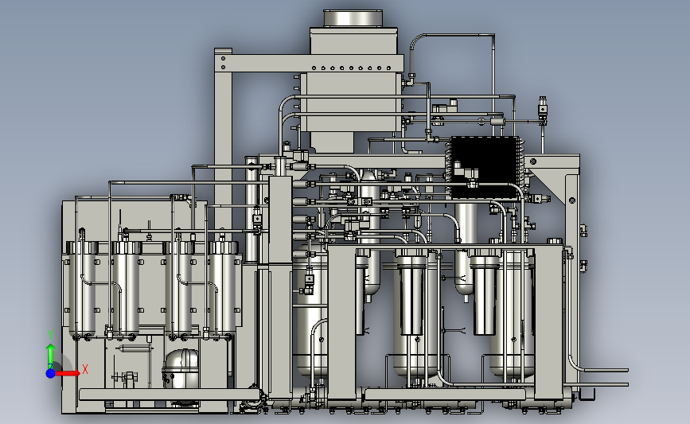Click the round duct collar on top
click(x=353, y=18)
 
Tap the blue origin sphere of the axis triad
click(x=51, y=373)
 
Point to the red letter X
click(x=85, y=369)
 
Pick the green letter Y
click(x=50, y=335)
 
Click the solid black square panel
click(x=485, y=167)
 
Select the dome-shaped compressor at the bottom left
click(x=181, y=368)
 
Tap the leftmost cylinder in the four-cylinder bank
click(x=82, y=290)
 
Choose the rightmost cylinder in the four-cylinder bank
click(x=225, y=290)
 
